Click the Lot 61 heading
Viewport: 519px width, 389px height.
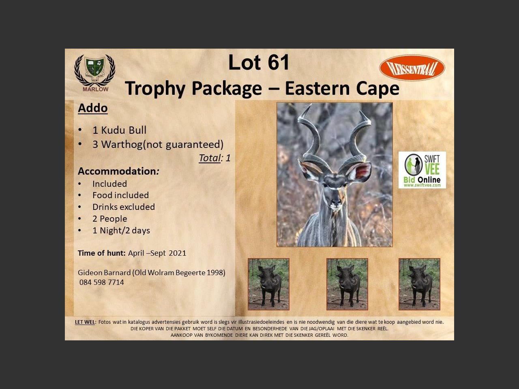[x=259, y=62]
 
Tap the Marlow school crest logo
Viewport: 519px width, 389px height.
[x=95, y=73]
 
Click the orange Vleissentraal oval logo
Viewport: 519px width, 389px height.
[x=412, y=68]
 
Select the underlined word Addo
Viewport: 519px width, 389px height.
[x=93, y=108]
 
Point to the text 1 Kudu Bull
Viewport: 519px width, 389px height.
[x=119, y=130]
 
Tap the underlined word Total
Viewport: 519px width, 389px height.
[x=210, y=158]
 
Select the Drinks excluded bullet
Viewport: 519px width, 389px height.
[x=123, y=207]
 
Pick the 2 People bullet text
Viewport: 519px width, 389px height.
[x=110, y=219]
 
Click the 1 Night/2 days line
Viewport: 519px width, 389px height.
[x=121, y=231]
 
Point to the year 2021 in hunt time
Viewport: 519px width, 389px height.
[x=178, y=253]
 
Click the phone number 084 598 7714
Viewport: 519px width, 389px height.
[x=102, y=282]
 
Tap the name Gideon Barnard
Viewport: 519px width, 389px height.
[x=104, y=273]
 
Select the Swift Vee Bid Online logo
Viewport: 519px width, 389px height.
[x=422, y=170]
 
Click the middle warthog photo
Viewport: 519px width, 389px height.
[x=347, y=284]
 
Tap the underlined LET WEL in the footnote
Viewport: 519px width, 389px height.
[x=85, y=322]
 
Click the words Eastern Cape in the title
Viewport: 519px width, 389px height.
[x=342, y=88]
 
